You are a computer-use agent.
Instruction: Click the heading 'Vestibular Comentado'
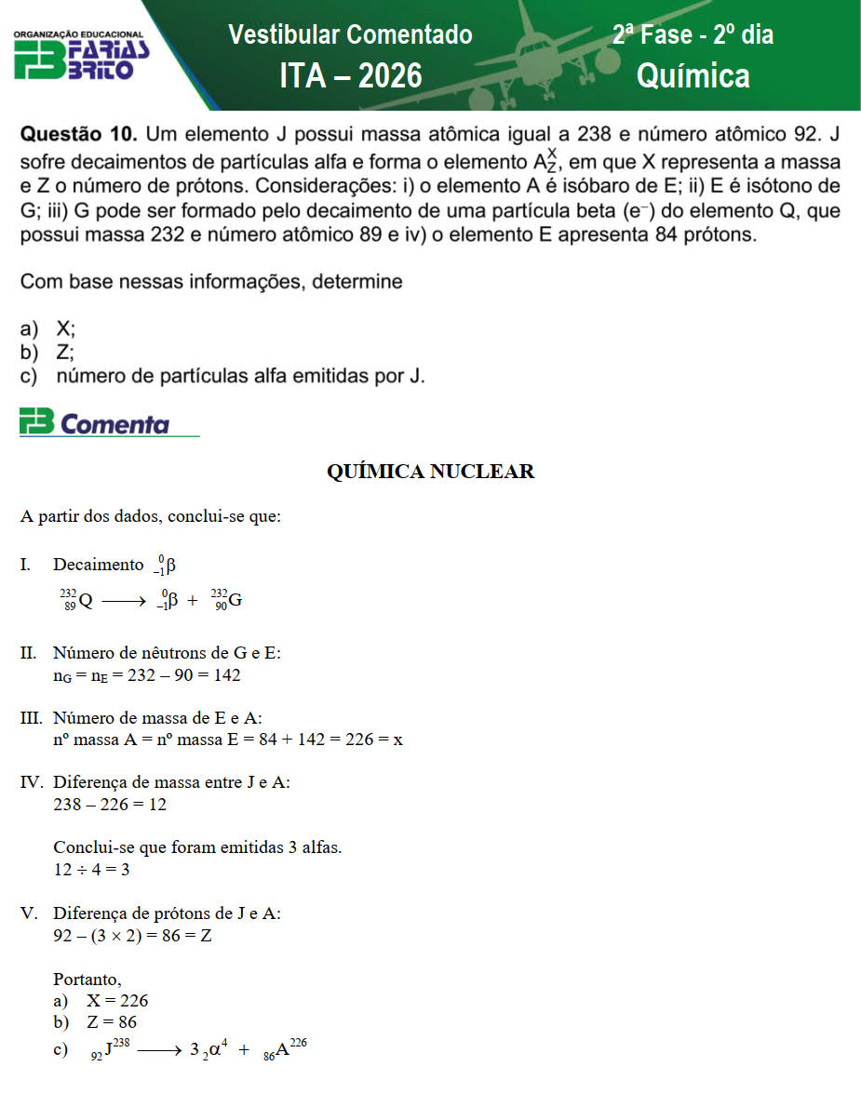350,35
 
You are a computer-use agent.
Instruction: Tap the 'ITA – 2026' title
350,75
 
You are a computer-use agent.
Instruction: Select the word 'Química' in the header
693,75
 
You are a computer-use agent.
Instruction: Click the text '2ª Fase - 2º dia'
693,35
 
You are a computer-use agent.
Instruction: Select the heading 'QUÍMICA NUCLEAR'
430,472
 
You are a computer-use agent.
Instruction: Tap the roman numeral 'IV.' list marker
34,782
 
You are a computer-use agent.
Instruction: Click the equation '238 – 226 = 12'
110,805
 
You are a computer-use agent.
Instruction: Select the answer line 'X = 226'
117,1001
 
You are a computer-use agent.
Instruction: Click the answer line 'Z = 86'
112,1022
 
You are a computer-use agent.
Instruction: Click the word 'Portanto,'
87,980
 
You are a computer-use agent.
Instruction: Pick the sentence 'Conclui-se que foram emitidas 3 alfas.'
197,848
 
